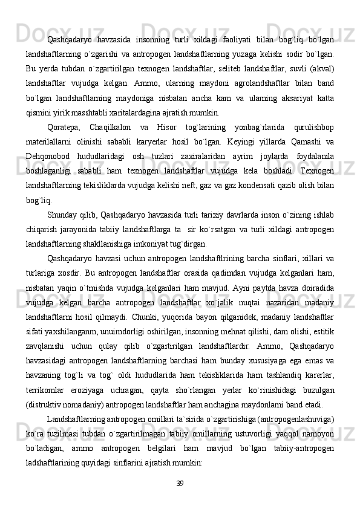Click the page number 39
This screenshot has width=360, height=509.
[180, 482]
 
